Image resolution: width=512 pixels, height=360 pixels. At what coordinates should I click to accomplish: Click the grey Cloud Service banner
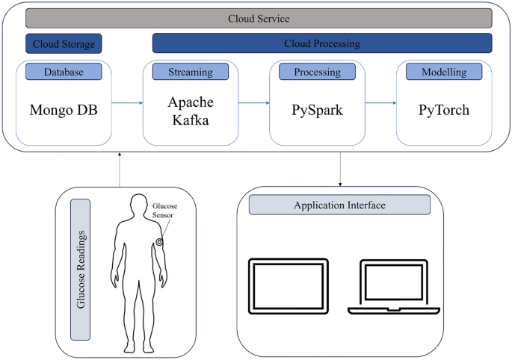click(259, 18)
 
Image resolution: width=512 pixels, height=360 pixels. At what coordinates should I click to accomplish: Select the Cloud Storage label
click(64, 43)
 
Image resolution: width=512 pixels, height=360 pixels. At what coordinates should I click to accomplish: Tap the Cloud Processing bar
click(322, 43)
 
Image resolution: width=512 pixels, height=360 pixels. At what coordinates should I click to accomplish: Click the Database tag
click(64, 72)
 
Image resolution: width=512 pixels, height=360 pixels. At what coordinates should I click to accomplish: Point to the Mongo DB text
click(64, 110)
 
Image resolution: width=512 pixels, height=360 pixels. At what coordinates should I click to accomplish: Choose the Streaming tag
click(191, 72)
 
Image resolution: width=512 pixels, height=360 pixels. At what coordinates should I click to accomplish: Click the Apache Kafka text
click(191, 110)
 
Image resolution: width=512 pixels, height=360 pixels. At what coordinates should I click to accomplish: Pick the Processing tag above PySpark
click(317, 72)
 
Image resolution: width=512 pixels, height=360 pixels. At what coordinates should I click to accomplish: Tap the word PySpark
click(317, 110)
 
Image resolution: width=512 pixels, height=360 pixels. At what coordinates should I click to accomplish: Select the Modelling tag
click(443, 72)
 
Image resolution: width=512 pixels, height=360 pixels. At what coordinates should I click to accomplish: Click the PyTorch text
click(443, 110)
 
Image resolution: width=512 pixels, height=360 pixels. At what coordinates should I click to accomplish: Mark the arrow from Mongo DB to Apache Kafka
click(127, 105)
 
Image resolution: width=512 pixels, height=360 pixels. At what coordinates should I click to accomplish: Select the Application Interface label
click(339, 205)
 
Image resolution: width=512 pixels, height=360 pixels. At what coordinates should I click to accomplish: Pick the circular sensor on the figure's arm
click(159, 242)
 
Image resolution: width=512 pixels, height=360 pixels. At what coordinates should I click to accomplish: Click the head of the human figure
click(136, 204)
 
